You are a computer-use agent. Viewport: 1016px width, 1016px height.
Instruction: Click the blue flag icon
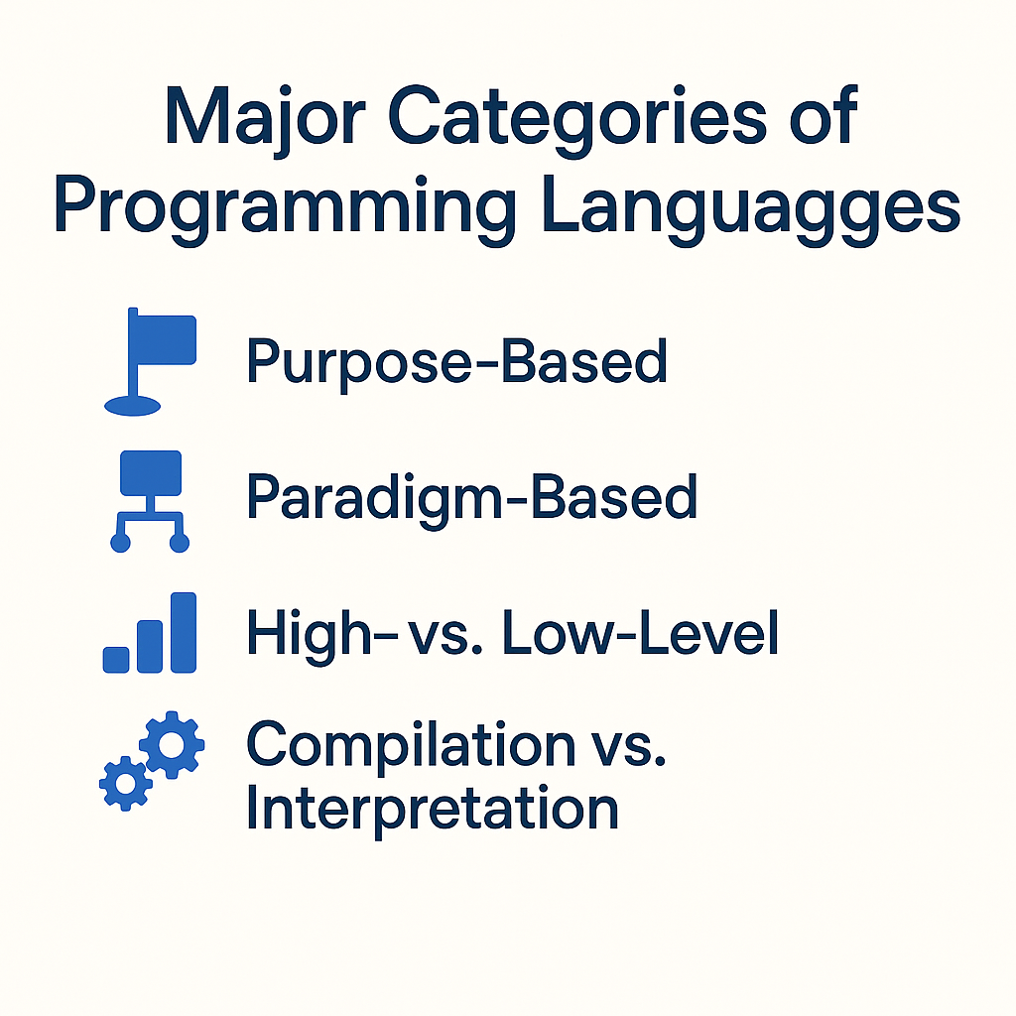[x=151, y=361]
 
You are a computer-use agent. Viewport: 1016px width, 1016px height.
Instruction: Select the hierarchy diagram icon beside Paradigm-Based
[x=151, y=501]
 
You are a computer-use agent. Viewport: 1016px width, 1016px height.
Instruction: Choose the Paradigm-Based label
[x=471, y=499]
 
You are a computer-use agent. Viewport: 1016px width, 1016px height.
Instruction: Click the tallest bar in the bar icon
[x=184, y=632]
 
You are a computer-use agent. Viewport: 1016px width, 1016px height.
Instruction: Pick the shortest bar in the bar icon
[x=116, y=660]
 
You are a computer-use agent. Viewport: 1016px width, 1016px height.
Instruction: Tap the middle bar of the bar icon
[x=150, y=647]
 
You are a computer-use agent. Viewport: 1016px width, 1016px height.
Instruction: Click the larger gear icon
[x=172, y=744]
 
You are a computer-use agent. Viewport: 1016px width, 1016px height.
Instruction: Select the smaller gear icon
[x=126, y=784]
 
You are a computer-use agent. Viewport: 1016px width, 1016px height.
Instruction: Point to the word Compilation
[x=411, y=746]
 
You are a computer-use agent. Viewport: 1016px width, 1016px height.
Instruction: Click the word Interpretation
[x=433, y=808]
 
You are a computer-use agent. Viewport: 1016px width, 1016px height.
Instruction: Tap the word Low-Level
[x=640, y=633]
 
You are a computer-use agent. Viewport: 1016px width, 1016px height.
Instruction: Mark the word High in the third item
[x=309, y=636]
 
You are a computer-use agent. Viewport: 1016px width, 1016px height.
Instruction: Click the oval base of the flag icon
[x=132, y=406]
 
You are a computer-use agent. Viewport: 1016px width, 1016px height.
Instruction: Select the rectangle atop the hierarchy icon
[x=151, y=473]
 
